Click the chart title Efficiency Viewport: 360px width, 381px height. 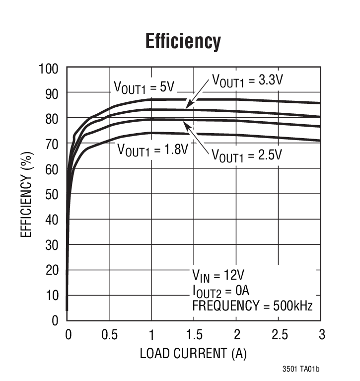[x=183, y=42]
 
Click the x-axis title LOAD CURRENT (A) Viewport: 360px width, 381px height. [x=193, y=354]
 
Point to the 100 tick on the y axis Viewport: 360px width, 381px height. [x=49, y=68]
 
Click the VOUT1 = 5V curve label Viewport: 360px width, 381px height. [x=144, y=87]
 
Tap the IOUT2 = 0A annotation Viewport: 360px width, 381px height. [x=221, y=290]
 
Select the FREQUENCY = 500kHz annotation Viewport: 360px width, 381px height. [x=252, y=305]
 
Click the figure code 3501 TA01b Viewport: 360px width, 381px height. [x=300, y=369]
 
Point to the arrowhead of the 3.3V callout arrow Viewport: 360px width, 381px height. [x=187, y=107]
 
